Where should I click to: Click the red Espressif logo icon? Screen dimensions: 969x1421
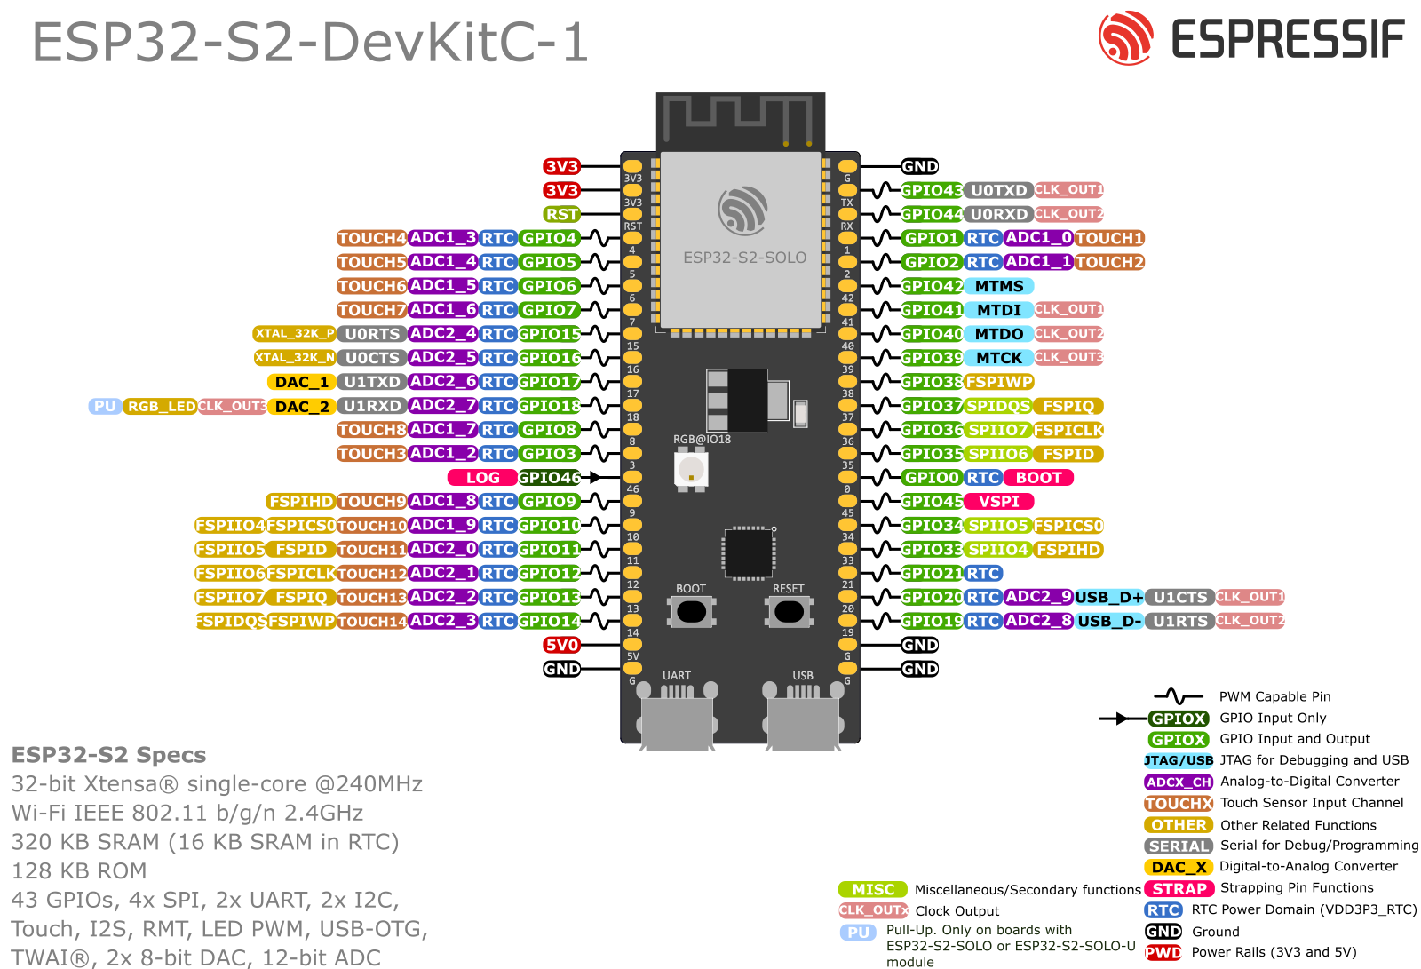(1125, 38)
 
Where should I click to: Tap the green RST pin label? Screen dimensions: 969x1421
(561, 214)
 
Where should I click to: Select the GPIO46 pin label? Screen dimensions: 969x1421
(549, 478)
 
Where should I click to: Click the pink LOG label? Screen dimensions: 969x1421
(482, 478)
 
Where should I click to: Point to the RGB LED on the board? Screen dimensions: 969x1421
(691, 469)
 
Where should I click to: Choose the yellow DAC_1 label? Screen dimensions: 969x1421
(301, 382)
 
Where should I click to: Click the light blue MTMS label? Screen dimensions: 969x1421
(999, 286)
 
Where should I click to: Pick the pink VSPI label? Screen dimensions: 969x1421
(999, 502)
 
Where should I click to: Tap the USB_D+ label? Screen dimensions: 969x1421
(1109, 597)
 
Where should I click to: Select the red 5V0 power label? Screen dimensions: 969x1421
(561, 645)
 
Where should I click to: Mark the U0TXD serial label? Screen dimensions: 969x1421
(998, 190)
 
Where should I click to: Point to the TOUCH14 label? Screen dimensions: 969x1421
(371, 622)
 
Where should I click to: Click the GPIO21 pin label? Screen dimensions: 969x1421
(931, 574)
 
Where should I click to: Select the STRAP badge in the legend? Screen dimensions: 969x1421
(1179, 888)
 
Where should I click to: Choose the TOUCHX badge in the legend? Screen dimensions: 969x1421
(1179, 803)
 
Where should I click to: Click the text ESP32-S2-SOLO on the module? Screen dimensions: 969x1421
(744, 258)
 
